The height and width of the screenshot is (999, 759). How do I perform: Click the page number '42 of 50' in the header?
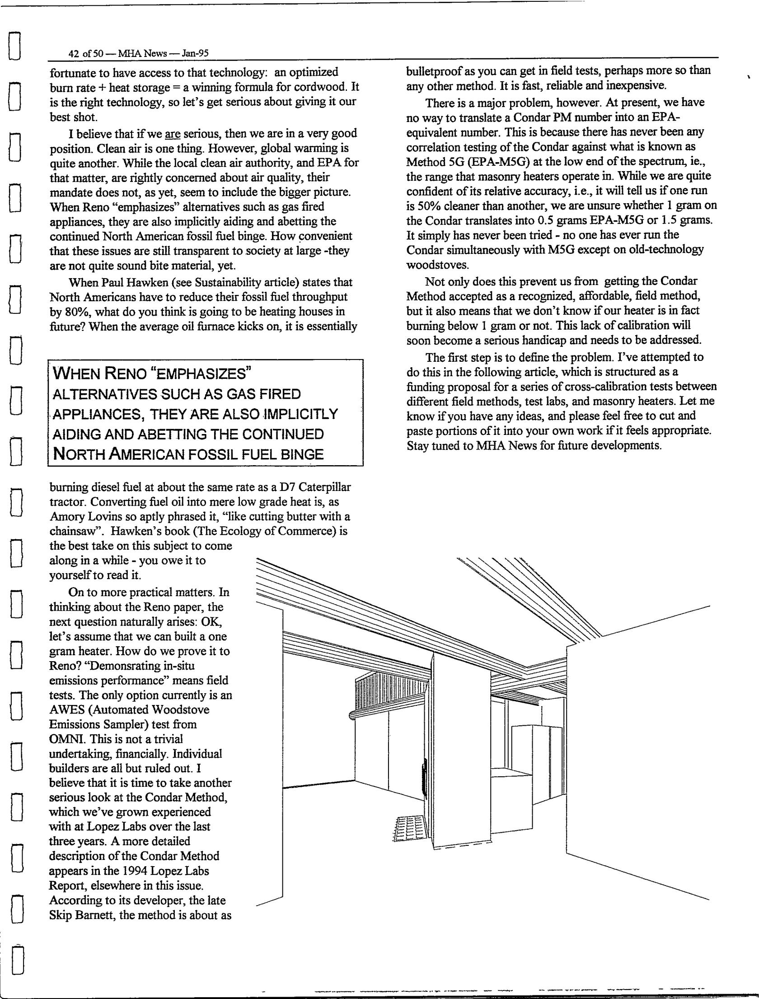coord(85,53)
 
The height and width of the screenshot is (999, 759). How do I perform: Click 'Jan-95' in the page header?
coord(195,53)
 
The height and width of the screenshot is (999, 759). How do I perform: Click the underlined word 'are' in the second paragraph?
coord(173,134)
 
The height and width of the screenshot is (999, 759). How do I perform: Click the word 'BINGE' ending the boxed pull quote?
coord(302,454)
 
